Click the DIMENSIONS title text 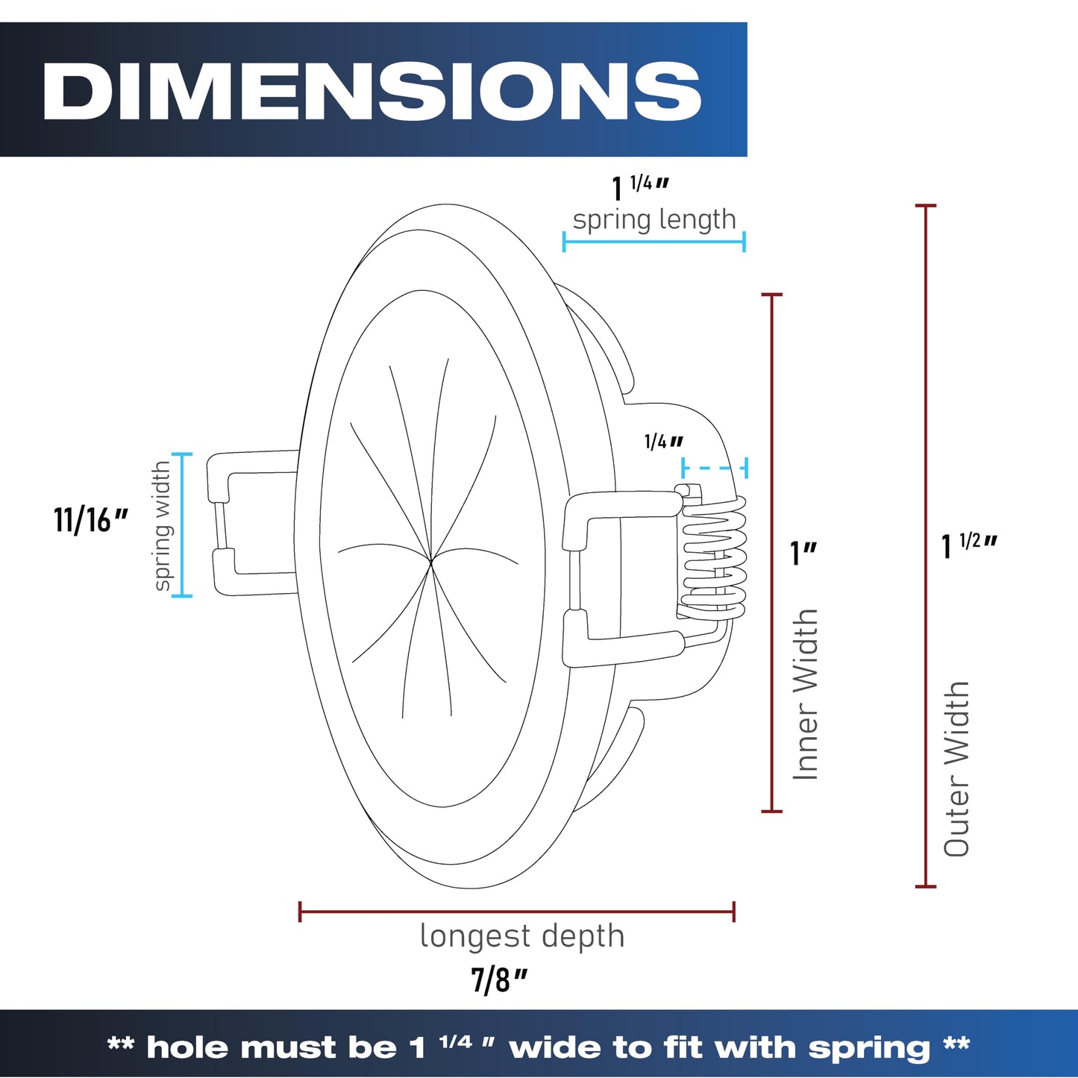[372, 90]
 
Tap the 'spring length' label [654, 220]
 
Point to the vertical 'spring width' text [162, 525]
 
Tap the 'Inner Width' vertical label [806, 695]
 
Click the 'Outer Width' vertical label [956, 768]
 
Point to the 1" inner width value [803, 553]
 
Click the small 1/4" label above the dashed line [663, 442]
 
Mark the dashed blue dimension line [715, 468]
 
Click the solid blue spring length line [654, 242]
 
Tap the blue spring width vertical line [182, 524]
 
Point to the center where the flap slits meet [430, 562]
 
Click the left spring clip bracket [251, 524]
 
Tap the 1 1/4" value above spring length [640, 188]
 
